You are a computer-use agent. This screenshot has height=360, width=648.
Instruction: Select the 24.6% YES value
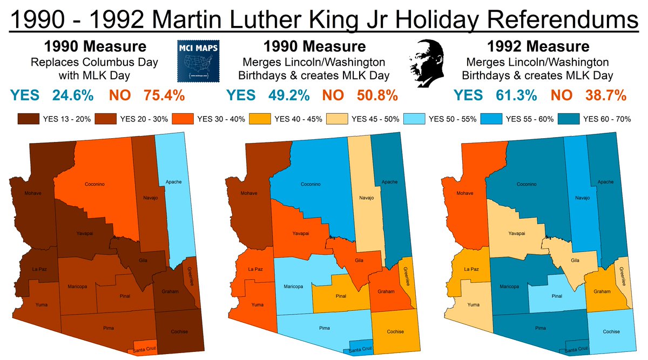73,96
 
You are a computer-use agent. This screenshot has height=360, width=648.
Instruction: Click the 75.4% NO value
164,96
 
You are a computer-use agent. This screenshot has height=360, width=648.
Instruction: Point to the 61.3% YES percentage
516,96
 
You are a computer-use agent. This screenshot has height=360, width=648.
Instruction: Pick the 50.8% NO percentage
377,96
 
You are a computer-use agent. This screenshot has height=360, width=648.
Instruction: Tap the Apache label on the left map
173,182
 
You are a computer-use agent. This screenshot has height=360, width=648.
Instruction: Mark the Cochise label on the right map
611,331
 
